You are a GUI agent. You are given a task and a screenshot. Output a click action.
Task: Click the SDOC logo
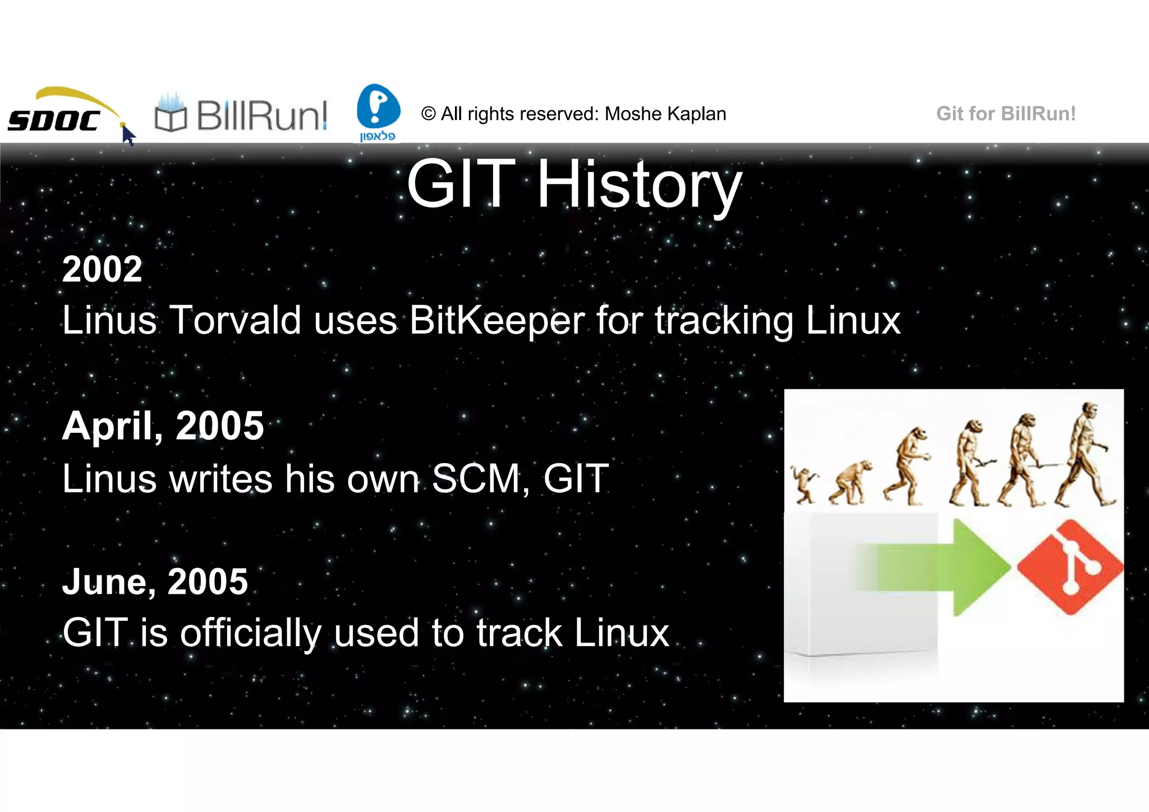click(x=56, y=115)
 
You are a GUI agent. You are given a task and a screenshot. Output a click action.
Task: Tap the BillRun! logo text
click(x=261, y=116)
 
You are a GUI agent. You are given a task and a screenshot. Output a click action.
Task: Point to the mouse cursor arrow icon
click(x=128, y=135)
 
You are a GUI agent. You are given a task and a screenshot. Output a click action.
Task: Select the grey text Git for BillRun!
click(x=1005, y=114)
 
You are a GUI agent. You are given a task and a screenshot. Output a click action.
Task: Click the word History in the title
click(x=640, y=185)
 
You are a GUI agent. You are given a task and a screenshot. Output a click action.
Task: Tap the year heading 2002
click(x=102, y=269)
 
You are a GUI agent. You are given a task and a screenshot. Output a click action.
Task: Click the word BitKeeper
click(x=496, y=321)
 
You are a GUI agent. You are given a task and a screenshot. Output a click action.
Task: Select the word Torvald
click(x=235, y=321)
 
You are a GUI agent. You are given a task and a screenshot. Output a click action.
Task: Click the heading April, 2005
click(x=163, y=426)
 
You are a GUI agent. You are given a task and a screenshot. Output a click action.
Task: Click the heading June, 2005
click(x=155, y=582)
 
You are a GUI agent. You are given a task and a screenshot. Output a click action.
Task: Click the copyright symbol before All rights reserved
click(x=428, y=114)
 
